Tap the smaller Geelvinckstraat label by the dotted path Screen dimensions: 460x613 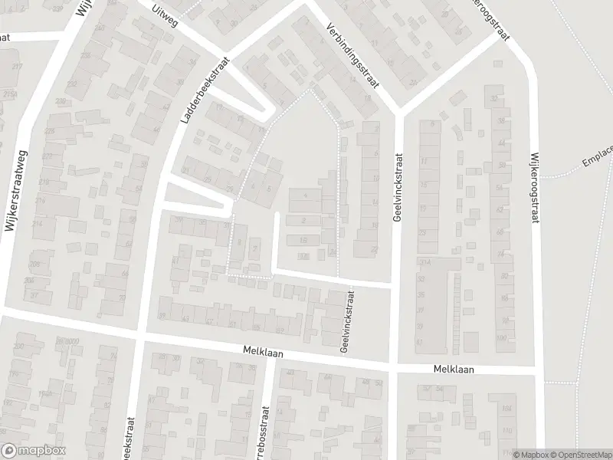pyautogui.click(x=346, y=321)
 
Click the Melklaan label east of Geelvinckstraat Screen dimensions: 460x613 pyautogui.click(x=453, y=369)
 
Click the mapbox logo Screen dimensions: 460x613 pyautogui.click(x=34, y=451)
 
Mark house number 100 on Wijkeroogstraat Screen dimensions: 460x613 pyautogui.click(x=503, y=338)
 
